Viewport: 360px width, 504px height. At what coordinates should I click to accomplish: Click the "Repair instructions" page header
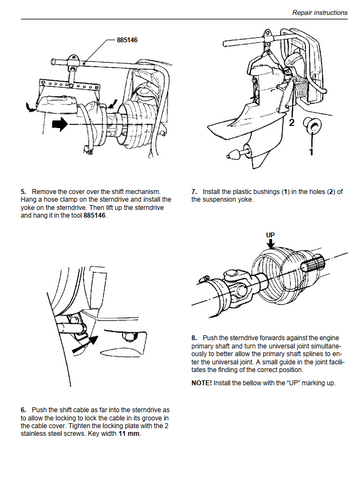(320, 13)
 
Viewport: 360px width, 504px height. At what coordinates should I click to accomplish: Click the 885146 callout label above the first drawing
(127, 40)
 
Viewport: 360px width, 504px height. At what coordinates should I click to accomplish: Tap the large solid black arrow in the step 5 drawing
(60, 124)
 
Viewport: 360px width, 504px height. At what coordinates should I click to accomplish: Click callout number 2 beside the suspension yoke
(292, 123)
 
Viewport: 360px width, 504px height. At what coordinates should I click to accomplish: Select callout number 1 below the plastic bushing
(311, 152)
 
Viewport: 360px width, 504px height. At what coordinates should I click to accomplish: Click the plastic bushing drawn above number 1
(312, 125)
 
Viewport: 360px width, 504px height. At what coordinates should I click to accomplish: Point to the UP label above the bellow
(270, 235)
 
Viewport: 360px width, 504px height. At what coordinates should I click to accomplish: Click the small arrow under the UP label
(271, 244)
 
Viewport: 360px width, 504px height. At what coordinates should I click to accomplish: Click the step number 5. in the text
(23, 192)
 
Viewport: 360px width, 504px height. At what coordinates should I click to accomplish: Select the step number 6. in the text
(23, 410)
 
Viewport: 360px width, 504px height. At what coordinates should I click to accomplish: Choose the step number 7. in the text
(194, 192)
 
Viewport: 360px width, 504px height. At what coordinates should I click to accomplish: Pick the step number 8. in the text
(194, 338)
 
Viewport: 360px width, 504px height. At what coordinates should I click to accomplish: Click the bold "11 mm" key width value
(129, 434)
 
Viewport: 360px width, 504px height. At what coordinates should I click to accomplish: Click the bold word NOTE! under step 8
(201, 383)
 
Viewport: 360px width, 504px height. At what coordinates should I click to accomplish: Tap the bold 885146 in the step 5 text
(94, 215)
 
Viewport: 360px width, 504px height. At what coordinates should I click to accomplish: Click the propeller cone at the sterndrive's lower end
(233, 154)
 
